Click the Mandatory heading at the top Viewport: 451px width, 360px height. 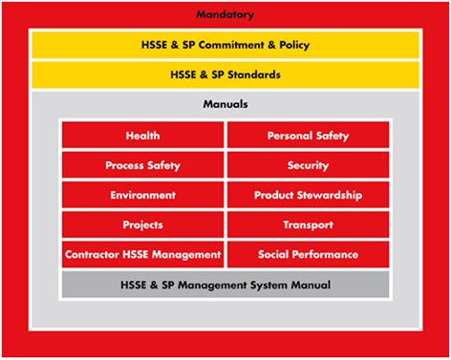click(x=225, y=14)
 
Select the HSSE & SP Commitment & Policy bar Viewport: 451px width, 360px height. click(x=225, y=45)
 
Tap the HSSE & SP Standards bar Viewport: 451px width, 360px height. click(x=225, y=74)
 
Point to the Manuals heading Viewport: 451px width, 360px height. click(x=225, y=103)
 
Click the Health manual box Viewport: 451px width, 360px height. click(x=142, y=136)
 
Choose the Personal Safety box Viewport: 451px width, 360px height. click(x=308, y=136)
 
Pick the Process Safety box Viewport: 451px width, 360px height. click(x=142, y=165)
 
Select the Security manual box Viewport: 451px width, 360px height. click(x=308, y=165)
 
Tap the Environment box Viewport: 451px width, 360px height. click(x=142, y=195)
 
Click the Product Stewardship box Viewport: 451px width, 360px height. click(x=308, y=195)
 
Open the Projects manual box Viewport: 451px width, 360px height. click(x=142, y=224)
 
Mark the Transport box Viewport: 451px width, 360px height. click(x=308, y=224)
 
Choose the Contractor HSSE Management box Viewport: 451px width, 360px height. click(x=142, y=254)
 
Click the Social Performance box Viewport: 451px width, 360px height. click(x=308, y=254)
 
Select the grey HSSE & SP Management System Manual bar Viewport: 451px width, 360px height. click(x=225, y=285)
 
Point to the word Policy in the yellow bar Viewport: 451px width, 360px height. click(x=293, y=45)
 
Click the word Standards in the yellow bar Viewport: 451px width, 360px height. click(x=252, y=74)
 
